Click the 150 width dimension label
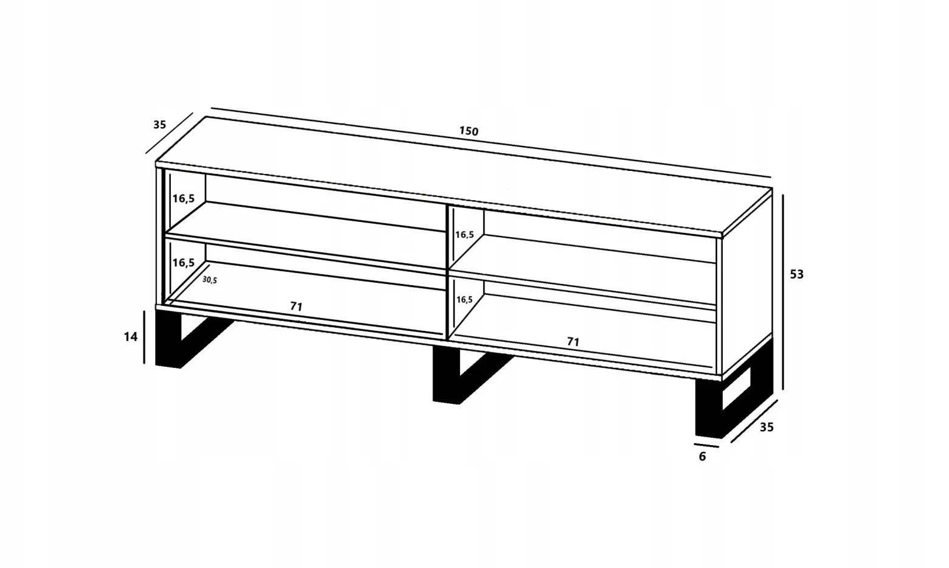(x=468, y=131)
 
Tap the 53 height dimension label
(x=796, y=274)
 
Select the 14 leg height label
(x=130, y=337)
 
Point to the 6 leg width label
(x=703, y=457)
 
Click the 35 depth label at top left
(x=160, y=125)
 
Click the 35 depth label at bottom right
(x=766, y=428)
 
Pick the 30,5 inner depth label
(x=210, y=280)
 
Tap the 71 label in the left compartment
(x=296, y=307)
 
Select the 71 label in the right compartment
(x=573, y=341)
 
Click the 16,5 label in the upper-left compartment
(x=184, y=198)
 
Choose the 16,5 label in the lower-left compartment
(x=184, y=263)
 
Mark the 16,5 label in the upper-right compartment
(x=464, y=235)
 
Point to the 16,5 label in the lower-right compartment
(x=464, y=299)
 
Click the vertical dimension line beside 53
(x=783, y=292)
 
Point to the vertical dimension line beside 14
(x=144, y=337)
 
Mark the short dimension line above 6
(x=706, y=446)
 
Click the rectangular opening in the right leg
(x=737, y=389)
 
